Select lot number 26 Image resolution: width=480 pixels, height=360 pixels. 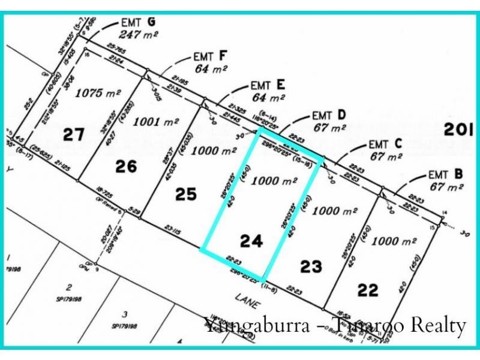tap(126, 166)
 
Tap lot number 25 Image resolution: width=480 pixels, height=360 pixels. tap(186, 194)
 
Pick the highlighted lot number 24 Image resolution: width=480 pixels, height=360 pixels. tap(251, 241)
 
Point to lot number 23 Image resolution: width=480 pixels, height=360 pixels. tap(311, 266)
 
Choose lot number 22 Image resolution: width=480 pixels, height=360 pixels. tap(368, 290)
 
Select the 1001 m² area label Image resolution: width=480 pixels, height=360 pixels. tap(156, 122)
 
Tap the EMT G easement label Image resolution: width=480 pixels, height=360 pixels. tap(138, 23)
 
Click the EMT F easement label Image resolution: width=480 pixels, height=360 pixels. tap(211, 56)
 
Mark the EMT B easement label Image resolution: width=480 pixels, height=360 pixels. tap(446, 175)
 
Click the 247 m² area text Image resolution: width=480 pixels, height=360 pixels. tap(139, 35)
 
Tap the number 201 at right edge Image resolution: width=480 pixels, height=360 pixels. tap(458, 129)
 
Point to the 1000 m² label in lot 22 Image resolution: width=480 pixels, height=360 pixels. tap(394, 241)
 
